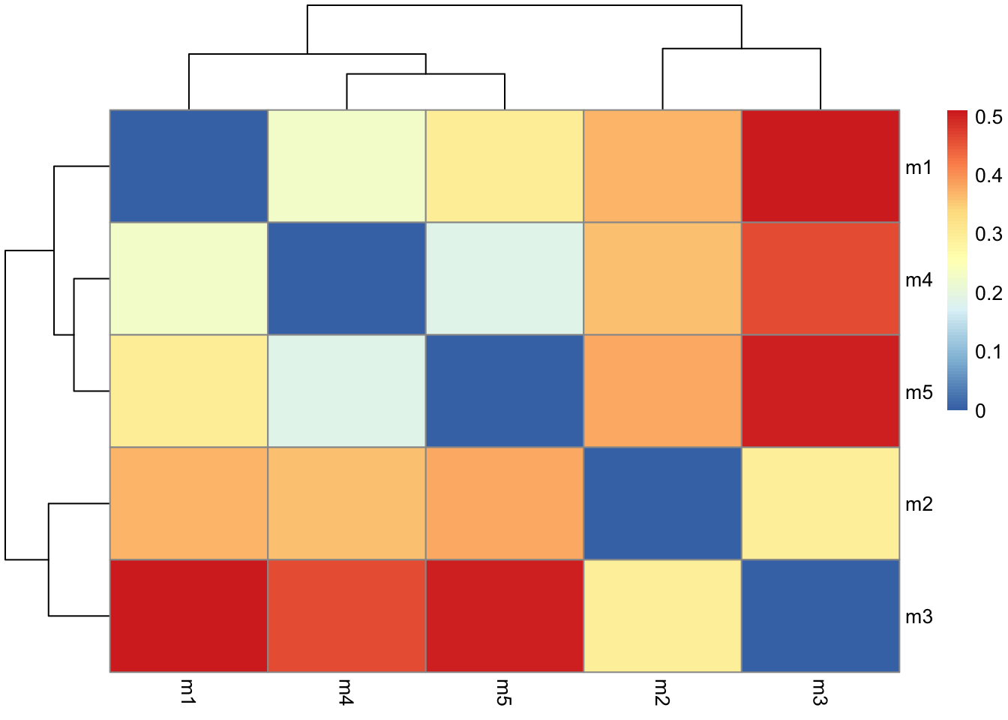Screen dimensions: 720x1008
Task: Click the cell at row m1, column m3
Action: [x=820, y=166]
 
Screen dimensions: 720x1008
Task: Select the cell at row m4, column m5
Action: [x=504, y=278]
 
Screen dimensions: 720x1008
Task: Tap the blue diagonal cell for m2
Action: [x=662, y=503]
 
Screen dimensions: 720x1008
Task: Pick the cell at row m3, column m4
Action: [x=346, y=616]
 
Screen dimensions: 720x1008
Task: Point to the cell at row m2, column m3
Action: [x=820, y=503]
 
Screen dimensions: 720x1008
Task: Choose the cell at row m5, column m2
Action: [x=662, y=391]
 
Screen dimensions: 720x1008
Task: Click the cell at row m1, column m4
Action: [x=346, y=166]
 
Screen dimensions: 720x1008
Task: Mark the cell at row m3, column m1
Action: [x=188, y=616]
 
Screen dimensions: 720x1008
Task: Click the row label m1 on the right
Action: [x=919, y=167]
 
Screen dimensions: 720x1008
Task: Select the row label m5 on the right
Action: [x=919, y=392]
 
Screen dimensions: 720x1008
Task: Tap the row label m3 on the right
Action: [x=919, y=617]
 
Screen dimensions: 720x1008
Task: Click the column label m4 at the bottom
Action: [x=345, y=691]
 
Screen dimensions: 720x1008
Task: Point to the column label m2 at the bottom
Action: [x=661, y=691]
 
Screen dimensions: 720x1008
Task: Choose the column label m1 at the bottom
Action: [x=187, y=691]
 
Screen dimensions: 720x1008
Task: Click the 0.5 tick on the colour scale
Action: [x=988, y=117]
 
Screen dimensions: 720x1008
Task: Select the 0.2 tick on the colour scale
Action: [x=988, y=293]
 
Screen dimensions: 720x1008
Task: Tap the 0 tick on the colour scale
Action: [x=980, y=411]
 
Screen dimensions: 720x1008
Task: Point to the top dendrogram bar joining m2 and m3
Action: [x=741, y=49]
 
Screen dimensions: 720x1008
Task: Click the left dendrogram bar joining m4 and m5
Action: [x=74, y=334]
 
